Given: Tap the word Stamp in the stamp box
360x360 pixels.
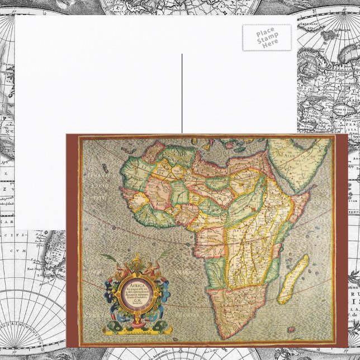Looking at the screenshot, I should coord(267,37).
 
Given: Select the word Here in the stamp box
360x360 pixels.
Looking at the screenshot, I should coord(271,42).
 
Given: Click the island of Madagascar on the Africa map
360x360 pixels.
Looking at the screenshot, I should coord(293,280).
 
